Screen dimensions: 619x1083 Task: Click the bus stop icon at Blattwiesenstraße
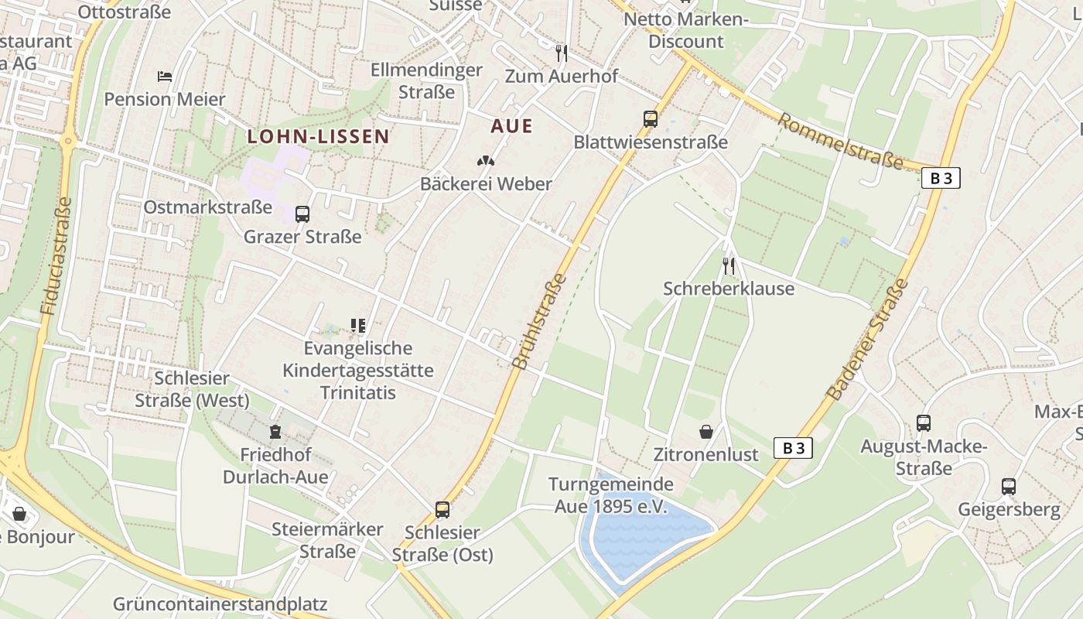651,119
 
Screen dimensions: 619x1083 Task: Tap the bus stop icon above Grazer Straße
302,214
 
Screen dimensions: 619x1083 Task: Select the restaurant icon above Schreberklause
728,266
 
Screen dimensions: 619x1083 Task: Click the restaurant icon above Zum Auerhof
562,53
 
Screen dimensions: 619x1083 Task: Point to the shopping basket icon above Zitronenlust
706,432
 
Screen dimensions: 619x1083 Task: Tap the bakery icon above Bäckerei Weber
486,162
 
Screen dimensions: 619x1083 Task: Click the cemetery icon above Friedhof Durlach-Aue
275,432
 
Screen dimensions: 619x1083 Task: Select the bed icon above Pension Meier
165,77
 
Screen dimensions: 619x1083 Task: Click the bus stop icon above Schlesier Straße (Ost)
442,510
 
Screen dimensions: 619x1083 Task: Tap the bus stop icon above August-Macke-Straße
924,423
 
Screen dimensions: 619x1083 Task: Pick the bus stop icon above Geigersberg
1009,487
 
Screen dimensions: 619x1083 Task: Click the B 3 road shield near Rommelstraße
941,178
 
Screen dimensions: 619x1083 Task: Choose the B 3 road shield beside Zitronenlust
793,447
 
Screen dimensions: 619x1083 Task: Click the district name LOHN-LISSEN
318,137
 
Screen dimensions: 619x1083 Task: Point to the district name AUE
511,126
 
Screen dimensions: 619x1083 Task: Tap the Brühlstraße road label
540,321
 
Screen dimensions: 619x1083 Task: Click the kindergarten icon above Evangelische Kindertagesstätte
357,326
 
